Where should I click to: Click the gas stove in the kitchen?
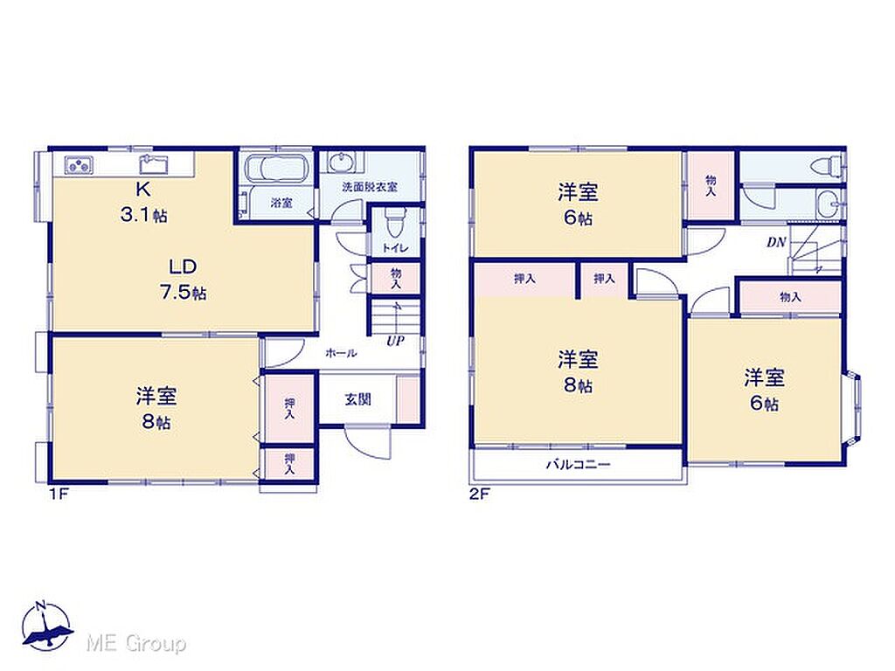pyautogui.click(x=79, y=165)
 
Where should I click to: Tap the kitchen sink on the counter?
pyautogui.click(x=154, y=164)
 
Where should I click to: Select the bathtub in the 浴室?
pyautogui.click(x=277, y=169)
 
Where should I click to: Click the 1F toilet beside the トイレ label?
pyautogui.click(x=395, y=225)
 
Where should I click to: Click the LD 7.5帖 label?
pyautogui.click(x=183, y=280)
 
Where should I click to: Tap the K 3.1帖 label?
pyautogui.click(x=144, y=202)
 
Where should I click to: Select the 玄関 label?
pyautogui.click(x=357, y=399)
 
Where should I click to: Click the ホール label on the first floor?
pyautogui.click(x=341, y=353)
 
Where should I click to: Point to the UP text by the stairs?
pyautogui.click(x=395, y=342)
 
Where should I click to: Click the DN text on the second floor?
pyautogui.click(x=776, y=243)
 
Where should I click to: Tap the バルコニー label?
pyautogui.click(x=579, y=465)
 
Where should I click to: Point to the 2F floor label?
pyautogui.click(x=480, y=495)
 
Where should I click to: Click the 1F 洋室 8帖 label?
pyautogui.click(x=156, y=409)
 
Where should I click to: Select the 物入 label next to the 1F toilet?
pyautogui.click(x=396, y=279)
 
